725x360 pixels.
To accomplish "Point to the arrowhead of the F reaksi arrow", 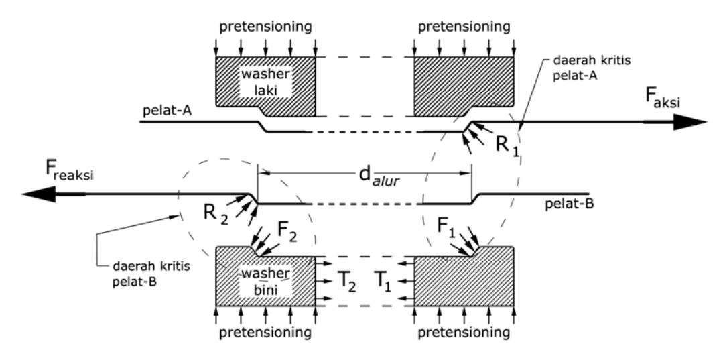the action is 39,194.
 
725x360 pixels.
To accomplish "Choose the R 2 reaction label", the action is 215,213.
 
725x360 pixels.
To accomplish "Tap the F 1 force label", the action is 446,228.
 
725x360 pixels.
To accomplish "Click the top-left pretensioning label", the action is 265,27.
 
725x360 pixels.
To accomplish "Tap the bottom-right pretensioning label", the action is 464,333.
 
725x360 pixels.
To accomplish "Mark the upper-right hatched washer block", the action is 464,86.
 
